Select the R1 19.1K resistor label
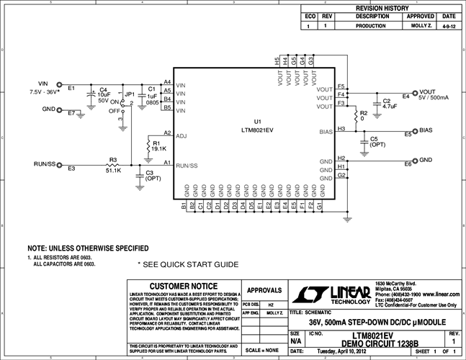(158, 145)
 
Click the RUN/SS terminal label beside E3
(45, 165)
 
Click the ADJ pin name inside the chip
(181, 135)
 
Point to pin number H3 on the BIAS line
(341, 128)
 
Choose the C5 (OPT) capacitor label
(378, 141)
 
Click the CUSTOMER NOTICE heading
(182, 287)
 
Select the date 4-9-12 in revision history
(449, 24)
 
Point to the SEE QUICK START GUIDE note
(187, 264)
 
